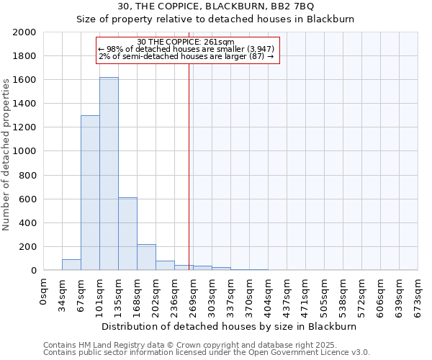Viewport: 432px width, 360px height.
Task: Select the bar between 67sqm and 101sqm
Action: [x=90, y=193]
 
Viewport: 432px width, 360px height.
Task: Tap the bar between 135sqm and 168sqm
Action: [x=127, y=234]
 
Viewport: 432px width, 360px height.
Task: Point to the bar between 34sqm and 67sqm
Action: [x=71, y=265]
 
